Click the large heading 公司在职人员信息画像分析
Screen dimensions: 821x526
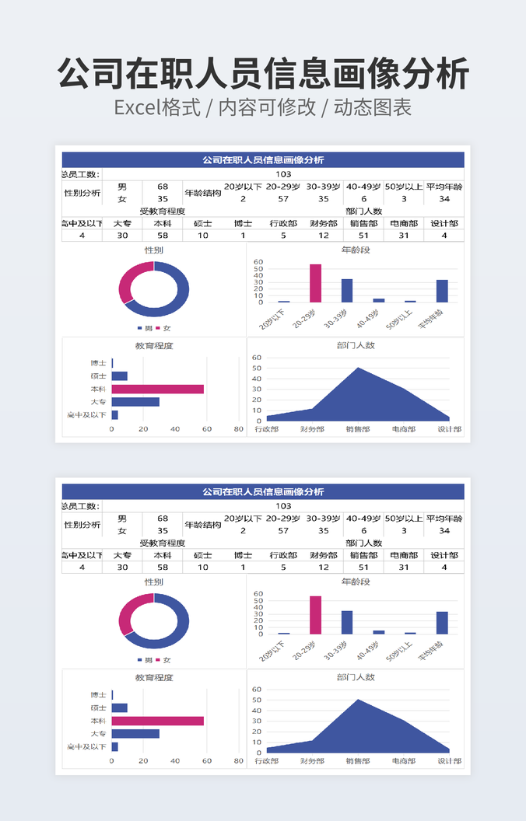click(x=263, y=74)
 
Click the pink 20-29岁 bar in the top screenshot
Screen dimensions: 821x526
click(x=315, y=283)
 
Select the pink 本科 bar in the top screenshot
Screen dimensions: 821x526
click(x=157, y=389)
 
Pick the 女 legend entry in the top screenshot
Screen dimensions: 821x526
click(x=163, y=328)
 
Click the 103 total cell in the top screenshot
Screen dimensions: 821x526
click(x=283, y=174)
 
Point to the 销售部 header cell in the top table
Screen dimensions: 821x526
click(x=363, y=223)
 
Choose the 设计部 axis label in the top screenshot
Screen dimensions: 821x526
click(x=449, y=429)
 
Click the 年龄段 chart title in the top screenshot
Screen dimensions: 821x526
click(x=356, y=250)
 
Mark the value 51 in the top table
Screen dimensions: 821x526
click(x=363, y=236)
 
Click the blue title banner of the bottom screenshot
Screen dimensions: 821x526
click(x=263, y=491)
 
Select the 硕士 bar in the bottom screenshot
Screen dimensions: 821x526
click(x=119, y=708)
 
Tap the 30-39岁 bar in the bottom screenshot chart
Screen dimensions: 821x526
click(x=347, y=622)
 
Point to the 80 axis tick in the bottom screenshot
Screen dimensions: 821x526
click(x=239, y=761)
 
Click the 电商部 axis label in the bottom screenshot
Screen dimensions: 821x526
click(x=403, y=761)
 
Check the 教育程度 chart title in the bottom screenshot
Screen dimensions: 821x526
click(x=154, y=678)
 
